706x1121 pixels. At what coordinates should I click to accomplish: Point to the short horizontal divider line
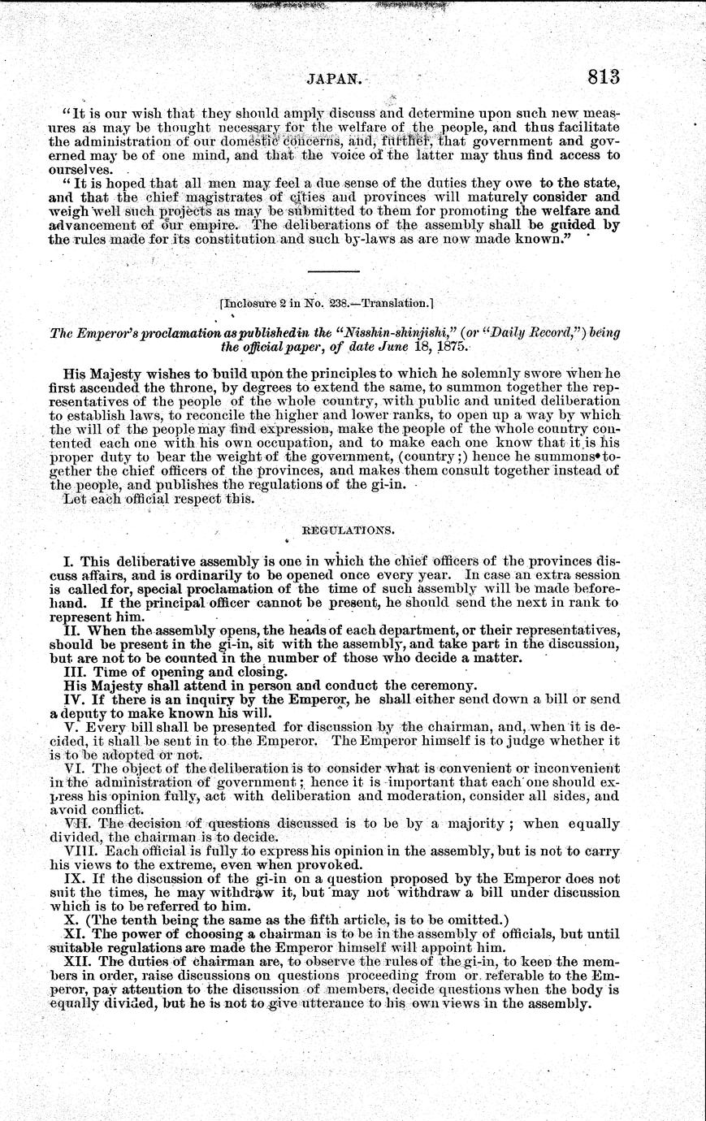333,270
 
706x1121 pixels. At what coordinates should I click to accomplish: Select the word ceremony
446,685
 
